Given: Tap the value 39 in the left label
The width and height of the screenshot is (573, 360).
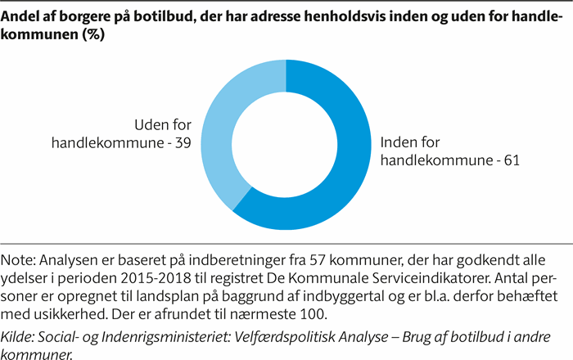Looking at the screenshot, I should coord(183,142).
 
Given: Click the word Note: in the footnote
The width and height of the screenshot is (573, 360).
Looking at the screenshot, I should coord(24,260).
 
